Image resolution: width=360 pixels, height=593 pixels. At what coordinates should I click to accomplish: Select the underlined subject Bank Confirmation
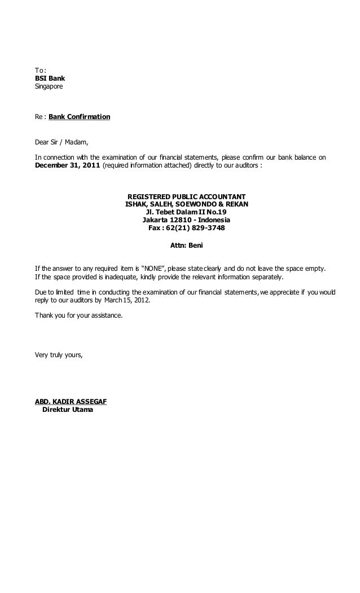tap(80, 117)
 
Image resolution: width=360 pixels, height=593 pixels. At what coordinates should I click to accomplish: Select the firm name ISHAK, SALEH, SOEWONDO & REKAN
tap(187, 204)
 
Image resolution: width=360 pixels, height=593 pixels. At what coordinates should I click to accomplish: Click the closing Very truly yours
tap(59, 354)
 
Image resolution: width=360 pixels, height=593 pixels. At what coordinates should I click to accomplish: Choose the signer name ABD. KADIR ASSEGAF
tap(71, 402)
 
